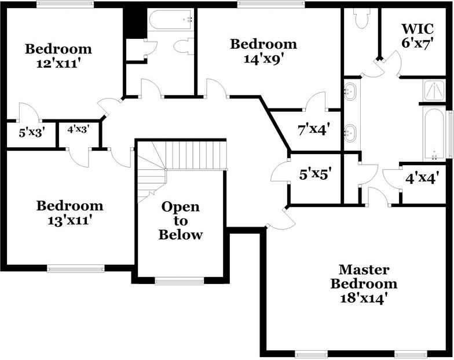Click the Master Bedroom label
coord(364,277)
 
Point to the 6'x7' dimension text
coord(418,44)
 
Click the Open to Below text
coord(181,220)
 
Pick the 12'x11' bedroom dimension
coord(58,63)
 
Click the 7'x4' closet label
coord(313,129)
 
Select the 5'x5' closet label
coord(315,174)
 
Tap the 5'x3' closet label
coord(32,132)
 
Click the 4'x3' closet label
coord(78,130)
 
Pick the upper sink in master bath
coord(350,90)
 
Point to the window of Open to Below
coord(179,281)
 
